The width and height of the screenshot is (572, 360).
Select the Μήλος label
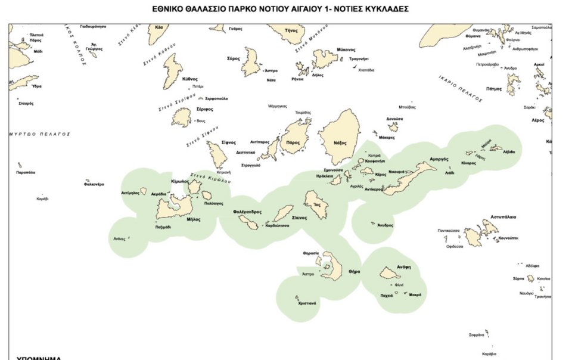193,219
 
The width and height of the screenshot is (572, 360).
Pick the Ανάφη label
404,267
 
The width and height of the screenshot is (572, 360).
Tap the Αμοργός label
439,160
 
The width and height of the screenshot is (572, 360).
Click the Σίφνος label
229,142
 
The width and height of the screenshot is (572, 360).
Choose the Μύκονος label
346,49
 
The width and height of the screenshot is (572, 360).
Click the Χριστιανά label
307,303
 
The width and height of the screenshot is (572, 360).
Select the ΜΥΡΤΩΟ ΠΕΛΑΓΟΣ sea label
39,134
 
